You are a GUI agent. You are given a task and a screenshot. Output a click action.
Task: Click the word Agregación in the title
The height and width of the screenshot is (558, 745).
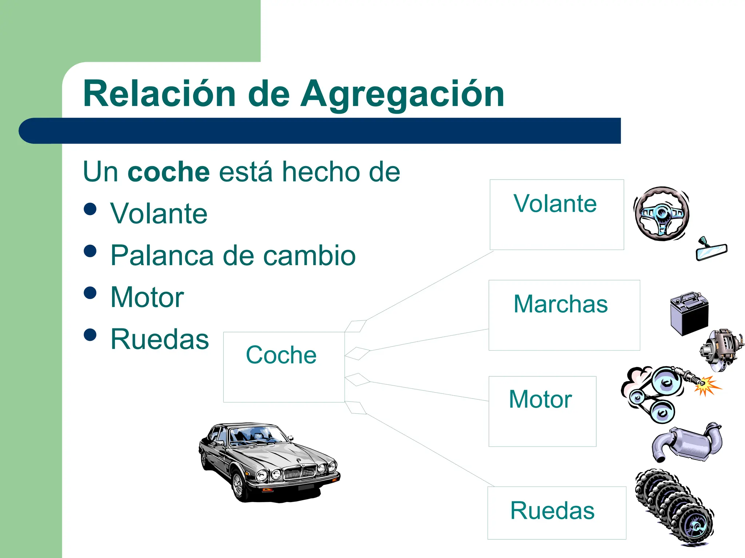point(402,94)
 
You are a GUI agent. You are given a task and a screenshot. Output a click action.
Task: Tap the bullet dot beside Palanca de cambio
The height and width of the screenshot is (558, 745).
point(90,251)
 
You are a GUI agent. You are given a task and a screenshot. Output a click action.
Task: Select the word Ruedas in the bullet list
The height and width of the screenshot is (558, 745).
point(160,339)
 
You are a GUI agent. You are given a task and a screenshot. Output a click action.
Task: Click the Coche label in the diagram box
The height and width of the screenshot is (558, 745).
point(281,355)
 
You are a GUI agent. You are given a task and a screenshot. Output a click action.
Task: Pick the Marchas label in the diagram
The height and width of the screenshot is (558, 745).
point(561,304)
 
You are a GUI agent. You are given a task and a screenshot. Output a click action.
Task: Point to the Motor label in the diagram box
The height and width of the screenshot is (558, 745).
point(540,399)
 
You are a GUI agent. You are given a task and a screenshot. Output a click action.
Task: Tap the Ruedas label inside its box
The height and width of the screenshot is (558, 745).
point(552,510)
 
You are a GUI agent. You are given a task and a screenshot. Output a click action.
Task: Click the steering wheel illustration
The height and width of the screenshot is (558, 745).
point(662,214)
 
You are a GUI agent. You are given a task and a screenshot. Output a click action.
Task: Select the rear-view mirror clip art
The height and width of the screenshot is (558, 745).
point(711,251)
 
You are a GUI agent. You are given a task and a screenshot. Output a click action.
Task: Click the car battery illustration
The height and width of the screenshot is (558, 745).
point(689,313)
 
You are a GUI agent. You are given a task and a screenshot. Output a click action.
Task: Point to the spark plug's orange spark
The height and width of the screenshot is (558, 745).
point(706,385)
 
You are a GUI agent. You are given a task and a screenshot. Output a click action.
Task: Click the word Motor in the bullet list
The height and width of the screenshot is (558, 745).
point(147,298)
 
